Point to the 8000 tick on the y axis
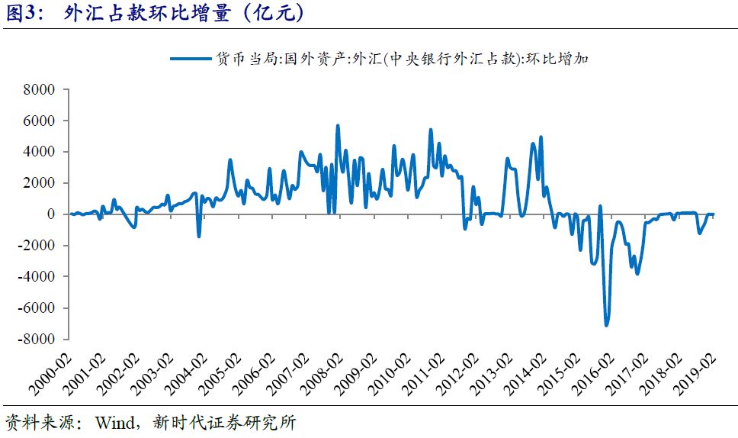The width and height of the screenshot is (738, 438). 40,89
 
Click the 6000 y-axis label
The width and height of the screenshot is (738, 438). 40,121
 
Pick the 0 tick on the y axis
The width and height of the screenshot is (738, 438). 50,214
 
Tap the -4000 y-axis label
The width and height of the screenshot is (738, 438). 38,276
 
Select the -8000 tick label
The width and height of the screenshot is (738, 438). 38,339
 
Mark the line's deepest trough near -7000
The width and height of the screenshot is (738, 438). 607,326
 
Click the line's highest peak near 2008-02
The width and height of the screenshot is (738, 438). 338,125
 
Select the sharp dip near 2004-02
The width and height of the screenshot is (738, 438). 199,236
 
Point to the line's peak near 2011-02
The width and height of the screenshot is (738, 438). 431,130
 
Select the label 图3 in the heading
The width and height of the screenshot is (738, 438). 23,13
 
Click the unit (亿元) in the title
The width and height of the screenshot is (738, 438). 270,13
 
